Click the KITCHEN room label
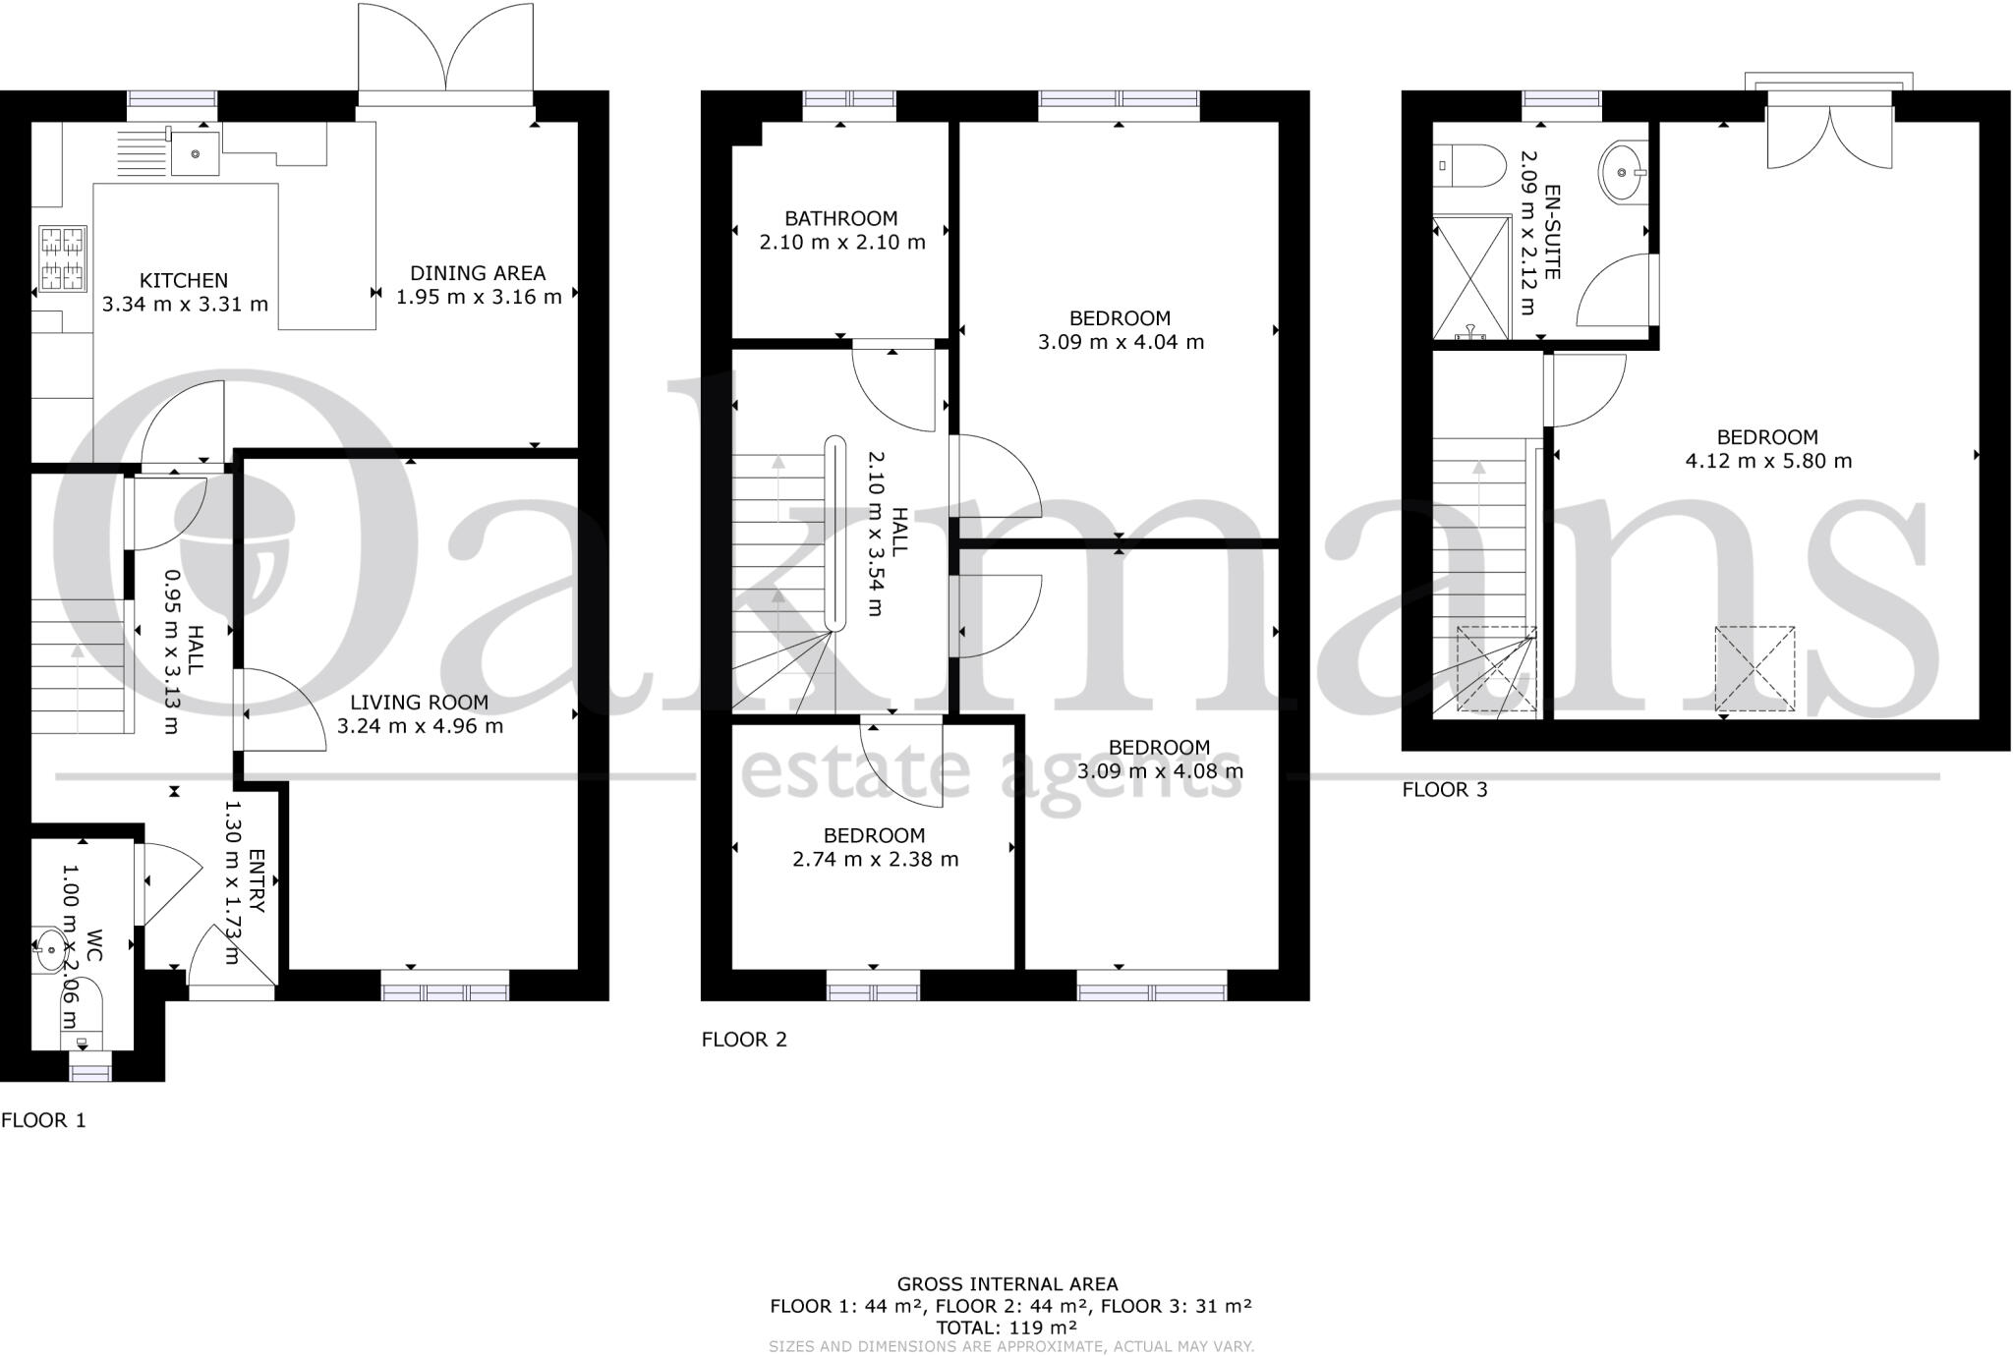pyautogui.click(x=184, y=281)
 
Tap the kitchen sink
pyautogui.click(x=195, y=154)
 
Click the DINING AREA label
pyautogui.click(x=478, y=273)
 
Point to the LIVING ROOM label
pyautogui.click(x=419, y=703)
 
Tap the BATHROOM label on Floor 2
pyautogui.click(x=840, y=218)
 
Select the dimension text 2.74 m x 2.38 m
pyautogui.click(x=875, y=860)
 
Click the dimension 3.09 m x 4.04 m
pyautogui.click(x=1121, y=342)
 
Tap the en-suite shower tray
pyautogui.click(x=1470, y=278)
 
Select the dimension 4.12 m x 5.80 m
pyautogui.click(x=1768, y=461)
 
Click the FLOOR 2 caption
pyautogui.click(x=744, y=1040)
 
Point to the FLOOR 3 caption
pyautogui.click(x=1444, y=790)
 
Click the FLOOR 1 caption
pyautogui.click(x=43, y=1120)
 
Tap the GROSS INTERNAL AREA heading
pyautogui.click(x=1007, y=1284)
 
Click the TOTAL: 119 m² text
pyautogui.click(x=1007, y=1328)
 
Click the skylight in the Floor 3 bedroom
pyautogui.click(x=1754, y=668)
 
